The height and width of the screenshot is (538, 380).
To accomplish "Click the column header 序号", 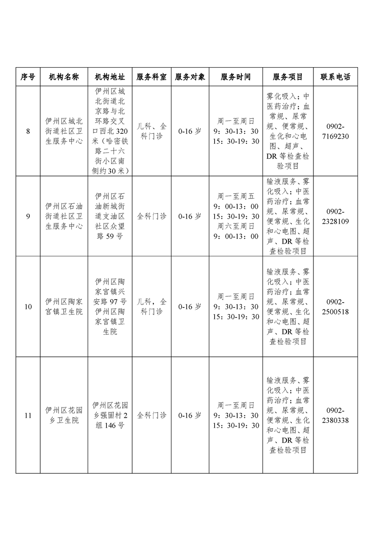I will coord(28,77).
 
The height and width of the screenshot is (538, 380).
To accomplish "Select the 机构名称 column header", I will coord(64,77).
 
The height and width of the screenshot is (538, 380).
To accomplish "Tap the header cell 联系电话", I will coord(335,77).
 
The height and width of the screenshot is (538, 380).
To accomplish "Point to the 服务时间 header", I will coord(235,77).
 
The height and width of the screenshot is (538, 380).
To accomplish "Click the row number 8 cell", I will coord(28,131).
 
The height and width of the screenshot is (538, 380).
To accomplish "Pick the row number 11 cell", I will coord(28,415).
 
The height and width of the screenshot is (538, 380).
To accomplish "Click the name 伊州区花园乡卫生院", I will coord(64,415).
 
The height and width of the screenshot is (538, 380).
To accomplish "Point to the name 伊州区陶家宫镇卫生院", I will coord(64,306).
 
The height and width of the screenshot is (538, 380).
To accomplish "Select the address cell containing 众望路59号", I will coord(110,216).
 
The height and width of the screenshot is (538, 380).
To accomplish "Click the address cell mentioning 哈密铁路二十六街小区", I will coord(110,131).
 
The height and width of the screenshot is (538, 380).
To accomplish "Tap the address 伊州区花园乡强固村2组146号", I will coord(110,415).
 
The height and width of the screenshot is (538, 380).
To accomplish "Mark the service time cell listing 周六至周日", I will coord(235,216).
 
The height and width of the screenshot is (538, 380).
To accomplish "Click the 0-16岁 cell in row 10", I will coord(189,306).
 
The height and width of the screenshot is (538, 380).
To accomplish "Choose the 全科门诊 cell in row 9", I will coord(151,216).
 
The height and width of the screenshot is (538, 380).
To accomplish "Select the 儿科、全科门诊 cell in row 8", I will coord(151,131).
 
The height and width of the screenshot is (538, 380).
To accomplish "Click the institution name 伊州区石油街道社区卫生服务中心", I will coord(64,216).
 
